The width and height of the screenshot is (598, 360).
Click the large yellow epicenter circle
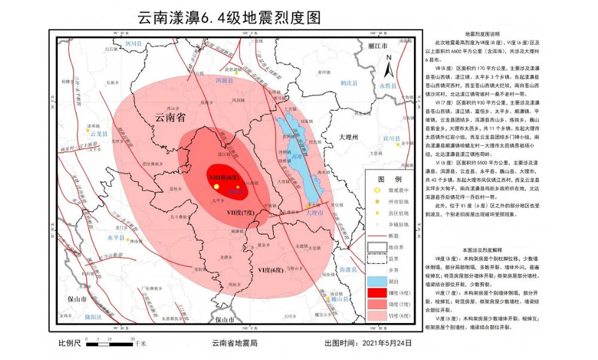(x=216, y=187)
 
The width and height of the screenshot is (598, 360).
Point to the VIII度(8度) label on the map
(x=225, y=177)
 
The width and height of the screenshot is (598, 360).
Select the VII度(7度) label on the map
(x=241, y=213)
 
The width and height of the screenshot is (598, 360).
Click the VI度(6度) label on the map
(x=270, y=270)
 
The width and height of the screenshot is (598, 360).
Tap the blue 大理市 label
(x=314, y=213)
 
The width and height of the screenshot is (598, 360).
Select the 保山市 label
(x=78, y=299)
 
